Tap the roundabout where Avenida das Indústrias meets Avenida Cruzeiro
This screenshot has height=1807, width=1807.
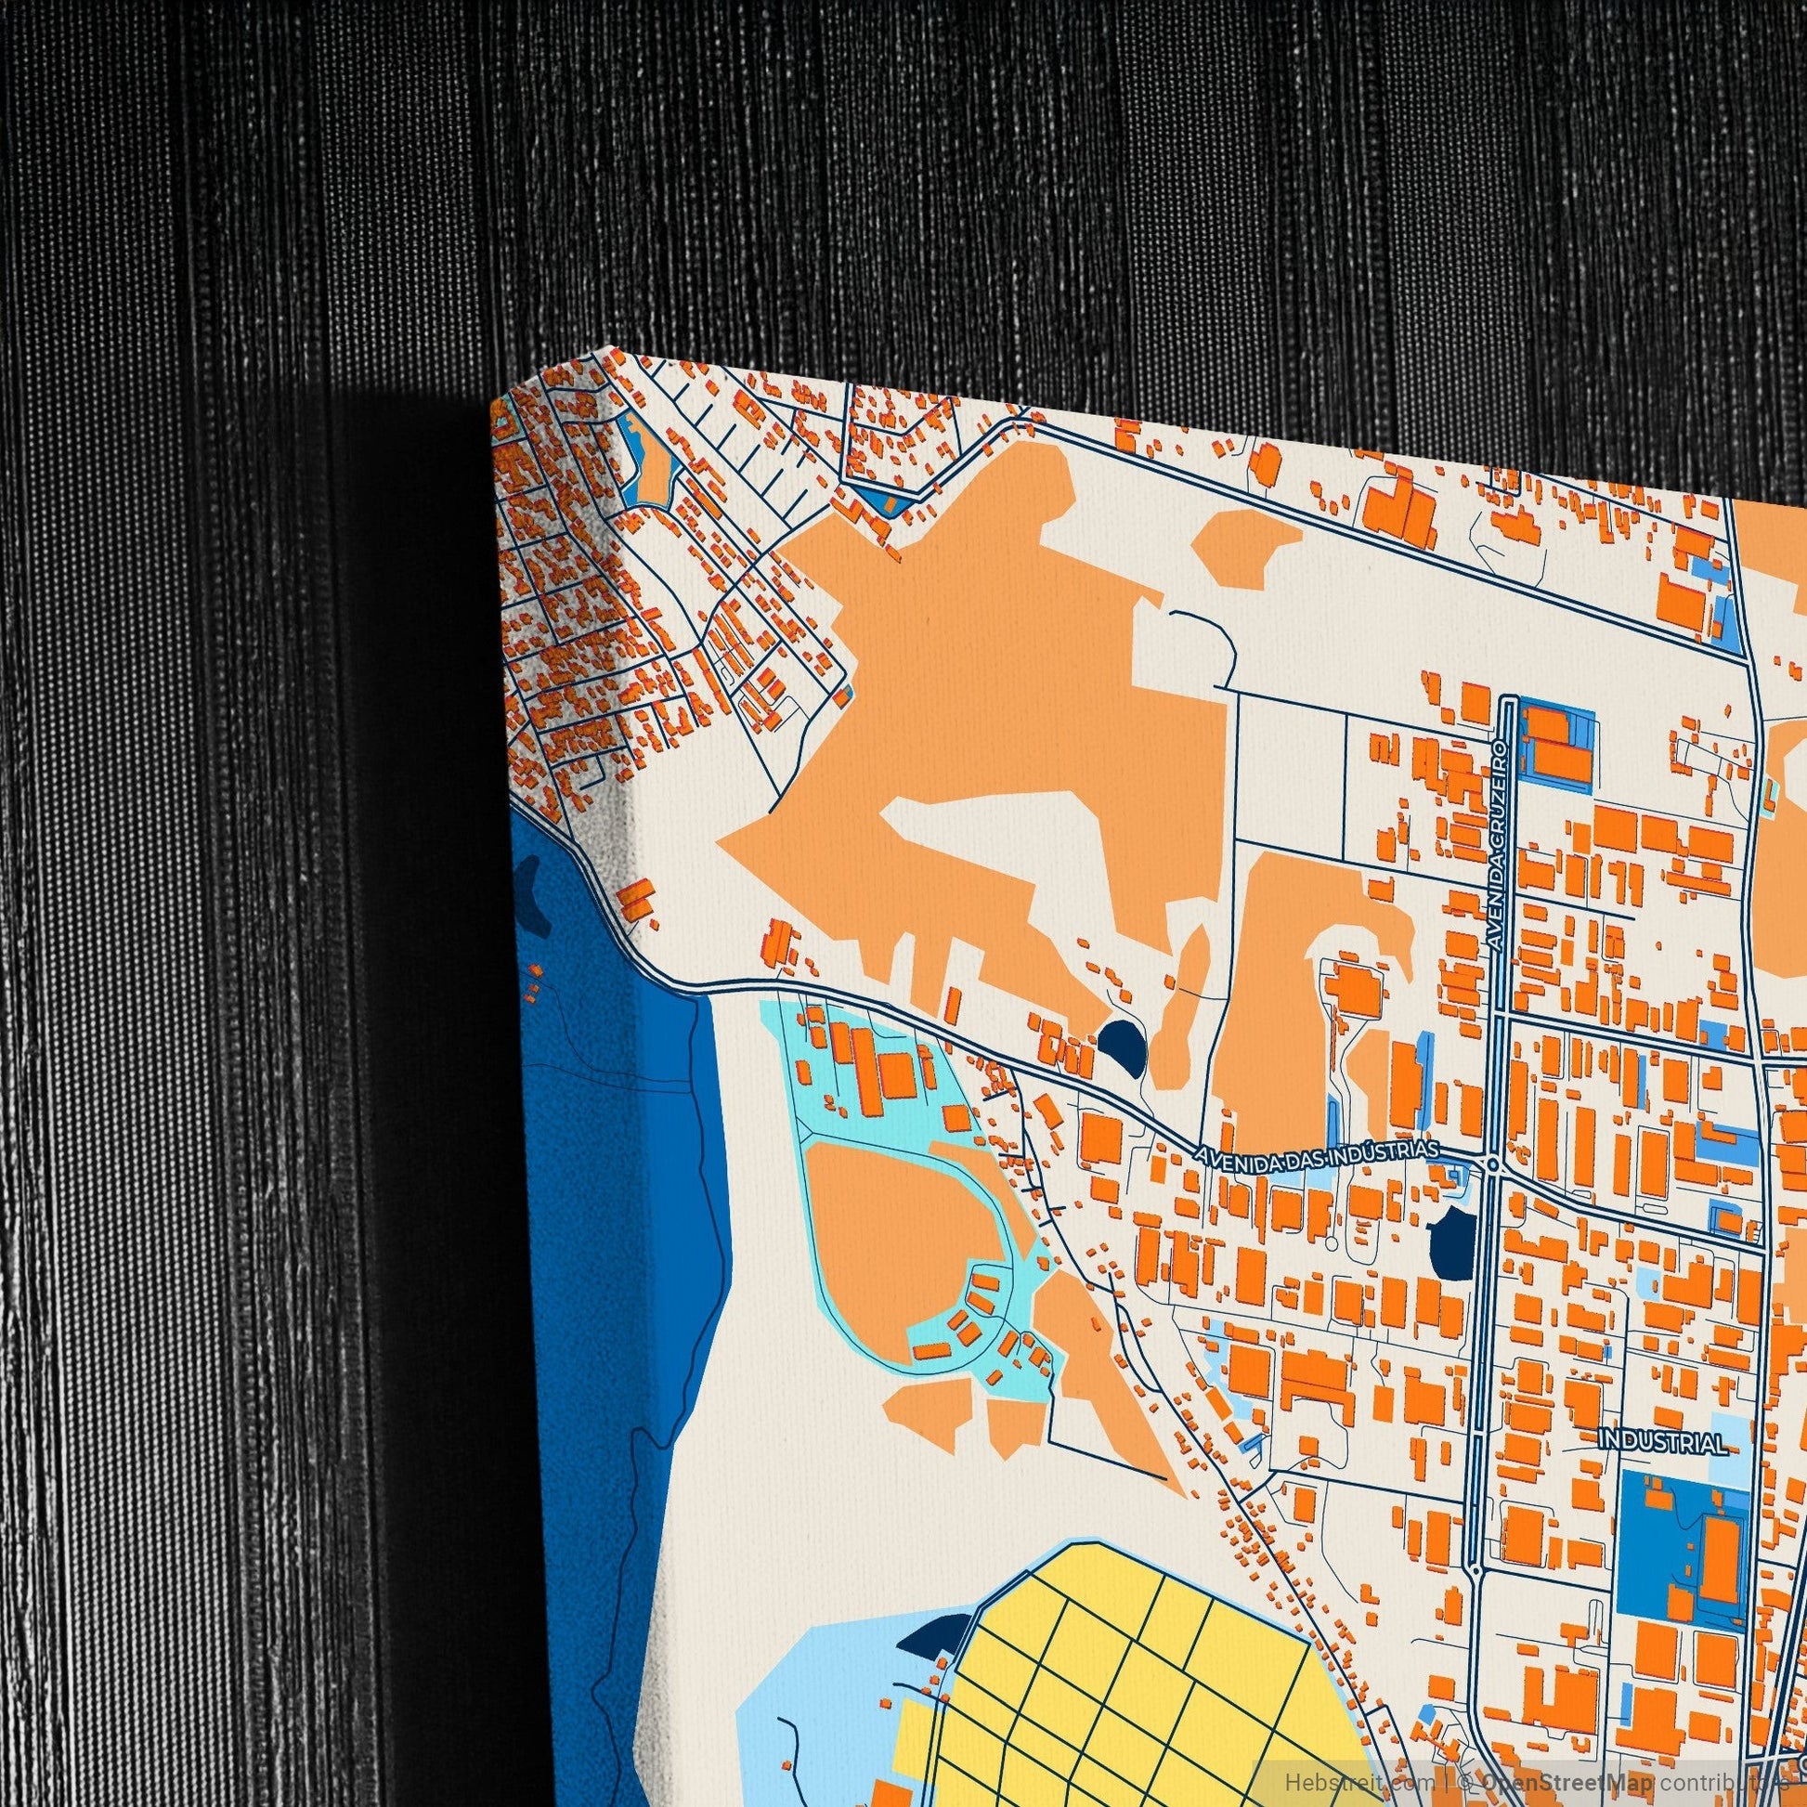[x=1492, y=1164]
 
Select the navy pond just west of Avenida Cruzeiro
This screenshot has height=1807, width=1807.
[x=1449, y=1236]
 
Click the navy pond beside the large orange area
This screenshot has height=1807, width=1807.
[x=1116, y=1039]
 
